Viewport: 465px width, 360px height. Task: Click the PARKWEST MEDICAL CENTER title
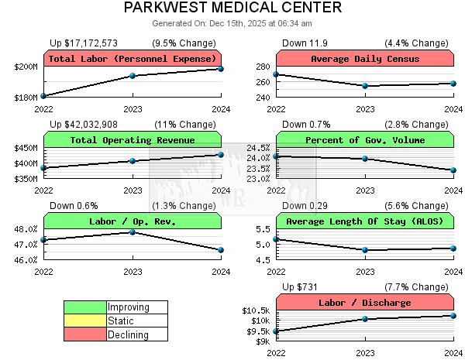232,9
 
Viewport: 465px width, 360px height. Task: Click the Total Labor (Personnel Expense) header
133,59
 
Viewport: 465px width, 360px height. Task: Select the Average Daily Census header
364,59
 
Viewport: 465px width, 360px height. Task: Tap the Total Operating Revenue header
133,140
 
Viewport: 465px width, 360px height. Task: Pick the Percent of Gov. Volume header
364,140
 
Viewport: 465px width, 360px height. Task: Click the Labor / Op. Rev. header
133,221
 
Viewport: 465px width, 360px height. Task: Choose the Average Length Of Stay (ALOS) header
364,221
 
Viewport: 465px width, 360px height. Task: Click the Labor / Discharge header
364,303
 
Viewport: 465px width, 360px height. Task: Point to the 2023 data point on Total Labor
133,75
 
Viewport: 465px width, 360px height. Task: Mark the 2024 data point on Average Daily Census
453,84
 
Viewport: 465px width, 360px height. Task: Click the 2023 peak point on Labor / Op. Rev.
133,231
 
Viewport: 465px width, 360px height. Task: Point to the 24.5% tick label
258,148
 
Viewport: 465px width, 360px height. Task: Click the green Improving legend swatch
85,307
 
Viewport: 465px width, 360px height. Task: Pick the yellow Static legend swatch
85,321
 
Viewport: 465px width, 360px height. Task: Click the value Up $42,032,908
84,124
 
